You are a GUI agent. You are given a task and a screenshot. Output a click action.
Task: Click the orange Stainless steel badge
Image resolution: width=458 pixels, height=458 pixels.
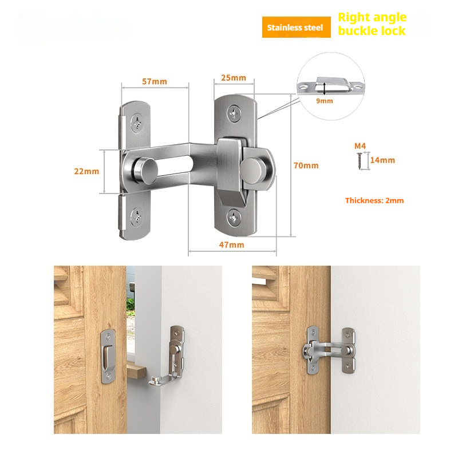(296, 27)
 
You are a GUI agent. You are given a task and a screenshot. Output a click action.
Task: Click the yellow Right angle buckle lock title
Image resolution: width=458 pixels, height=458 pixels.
(372, 24)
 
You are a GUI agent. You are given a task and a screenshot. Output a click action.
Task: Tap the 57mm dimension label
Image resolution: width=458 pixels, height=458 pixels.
(155, 81)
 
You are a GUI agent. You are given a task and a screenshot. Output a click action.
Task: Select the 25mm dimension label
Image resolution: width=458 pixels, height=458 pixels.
(234, 78)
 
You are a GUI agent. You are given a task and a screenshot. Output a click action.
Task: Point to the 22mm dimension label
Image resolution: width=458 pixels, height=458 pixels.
(86, 171)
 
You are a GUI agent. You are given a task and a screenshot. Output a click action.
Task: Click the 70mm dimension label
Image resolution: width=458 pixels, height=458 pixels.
(306, 165)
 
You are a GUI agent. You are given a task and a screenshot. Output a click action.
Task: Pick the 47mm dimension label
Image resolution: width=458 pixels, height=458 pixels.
(232, 245)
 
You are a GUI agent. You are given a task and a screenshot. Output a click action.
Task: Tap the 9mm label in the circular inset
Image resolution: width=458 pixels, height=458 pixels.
(325, 101)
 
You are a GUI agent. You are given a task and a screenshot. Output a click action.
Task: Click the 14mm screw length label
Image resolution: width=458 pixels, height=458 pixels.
(382, 160)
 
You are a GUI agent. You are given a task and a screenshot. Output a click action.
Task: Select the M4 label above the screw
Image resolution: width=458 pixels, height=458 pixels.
(360, 146)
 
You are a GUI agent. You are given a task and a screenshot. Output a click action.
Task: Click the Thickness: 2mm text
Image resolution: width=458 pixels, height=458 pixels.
(374, 201)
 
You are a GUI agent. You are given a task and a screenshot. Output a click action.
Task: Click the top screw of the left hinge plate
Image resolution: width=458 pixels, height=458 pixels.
(137, 123)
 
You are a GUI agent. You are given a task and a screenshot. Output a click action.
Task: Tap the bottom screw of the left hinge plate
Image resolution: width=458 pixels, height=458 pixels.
(136, 216)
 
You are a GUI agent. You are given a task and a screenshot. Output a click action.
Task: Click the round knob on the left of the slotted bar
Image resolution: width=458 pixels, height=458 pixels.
(145, 170)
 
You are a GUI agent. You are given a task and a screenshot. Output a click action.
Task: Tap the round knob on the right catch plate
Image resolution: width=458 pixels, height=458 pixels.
(252, 170)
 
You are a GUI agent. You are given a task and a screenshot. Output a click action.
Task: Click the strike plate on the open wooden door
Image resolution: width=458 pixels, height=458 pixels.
(107, 356)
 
